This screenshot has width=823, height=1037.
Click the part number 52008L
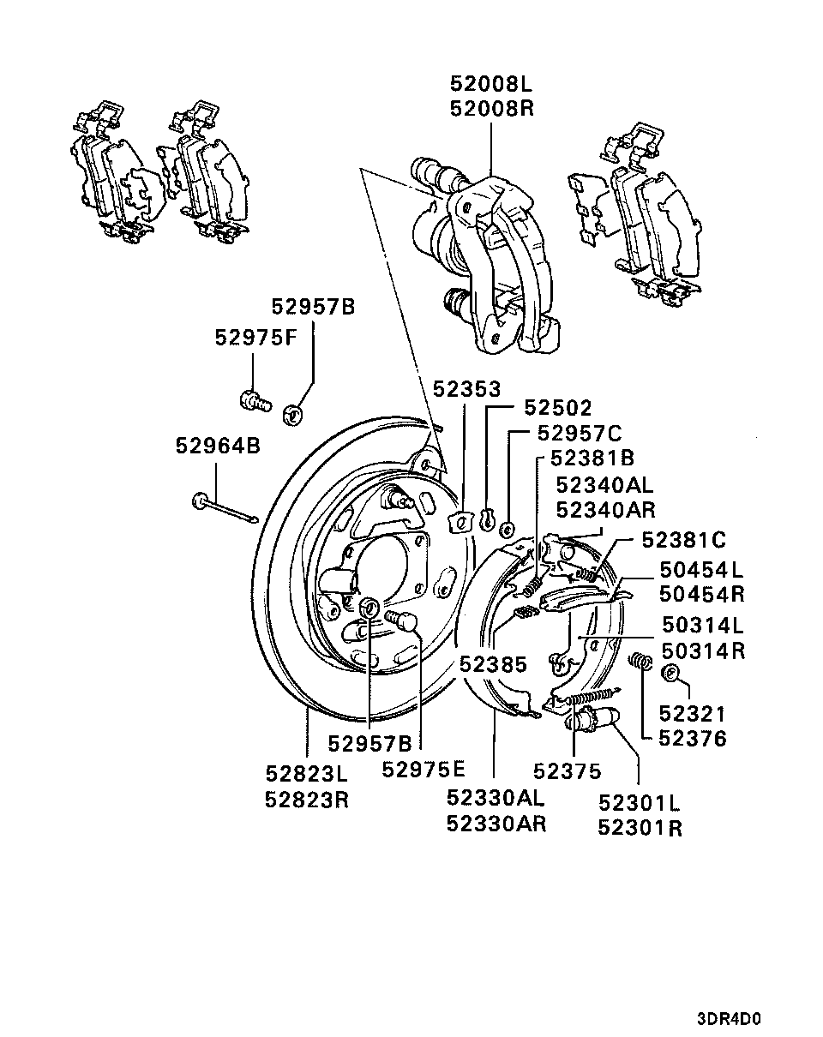(x=491, y=84)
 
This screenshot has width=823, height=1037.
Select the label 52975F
(x=255, y=338)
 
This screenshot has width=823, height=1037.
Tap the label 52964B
(x=218, y=446)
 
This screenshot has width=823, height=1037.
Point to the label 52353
(x=466, y=389)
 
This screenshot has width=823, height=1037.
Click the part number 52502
(x=558, y=408)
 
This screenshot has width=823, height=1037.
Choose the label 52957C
(x=580, y=433)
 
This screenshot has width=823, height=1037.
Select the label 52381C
(x=683, y=540)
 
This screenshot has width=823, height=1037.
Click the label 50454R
(x=702, y=594)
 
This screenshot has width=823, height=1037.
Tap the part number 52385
(x=493, y=664)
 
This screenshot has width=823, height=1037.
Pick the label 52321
(x=692, y=714)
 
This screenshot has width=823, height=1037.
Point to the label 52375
(x=567, y=771)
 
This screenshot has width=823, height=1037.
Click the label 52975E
(x=424, y=770)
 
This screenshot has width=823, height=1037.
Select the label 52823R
(x=307, y=800)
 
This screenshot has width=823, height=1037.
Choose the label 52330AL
(x=496, y=798)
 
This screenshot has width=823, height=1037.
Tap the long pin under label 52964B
(x=225, y=509)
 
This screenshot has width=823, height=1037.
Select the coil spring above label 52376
(x=642, y=662)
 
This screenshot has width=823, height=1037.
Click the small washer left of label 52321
(x=671, y=673)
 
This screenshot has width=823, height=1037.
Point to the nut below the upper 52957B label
(x=291, y=415)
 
